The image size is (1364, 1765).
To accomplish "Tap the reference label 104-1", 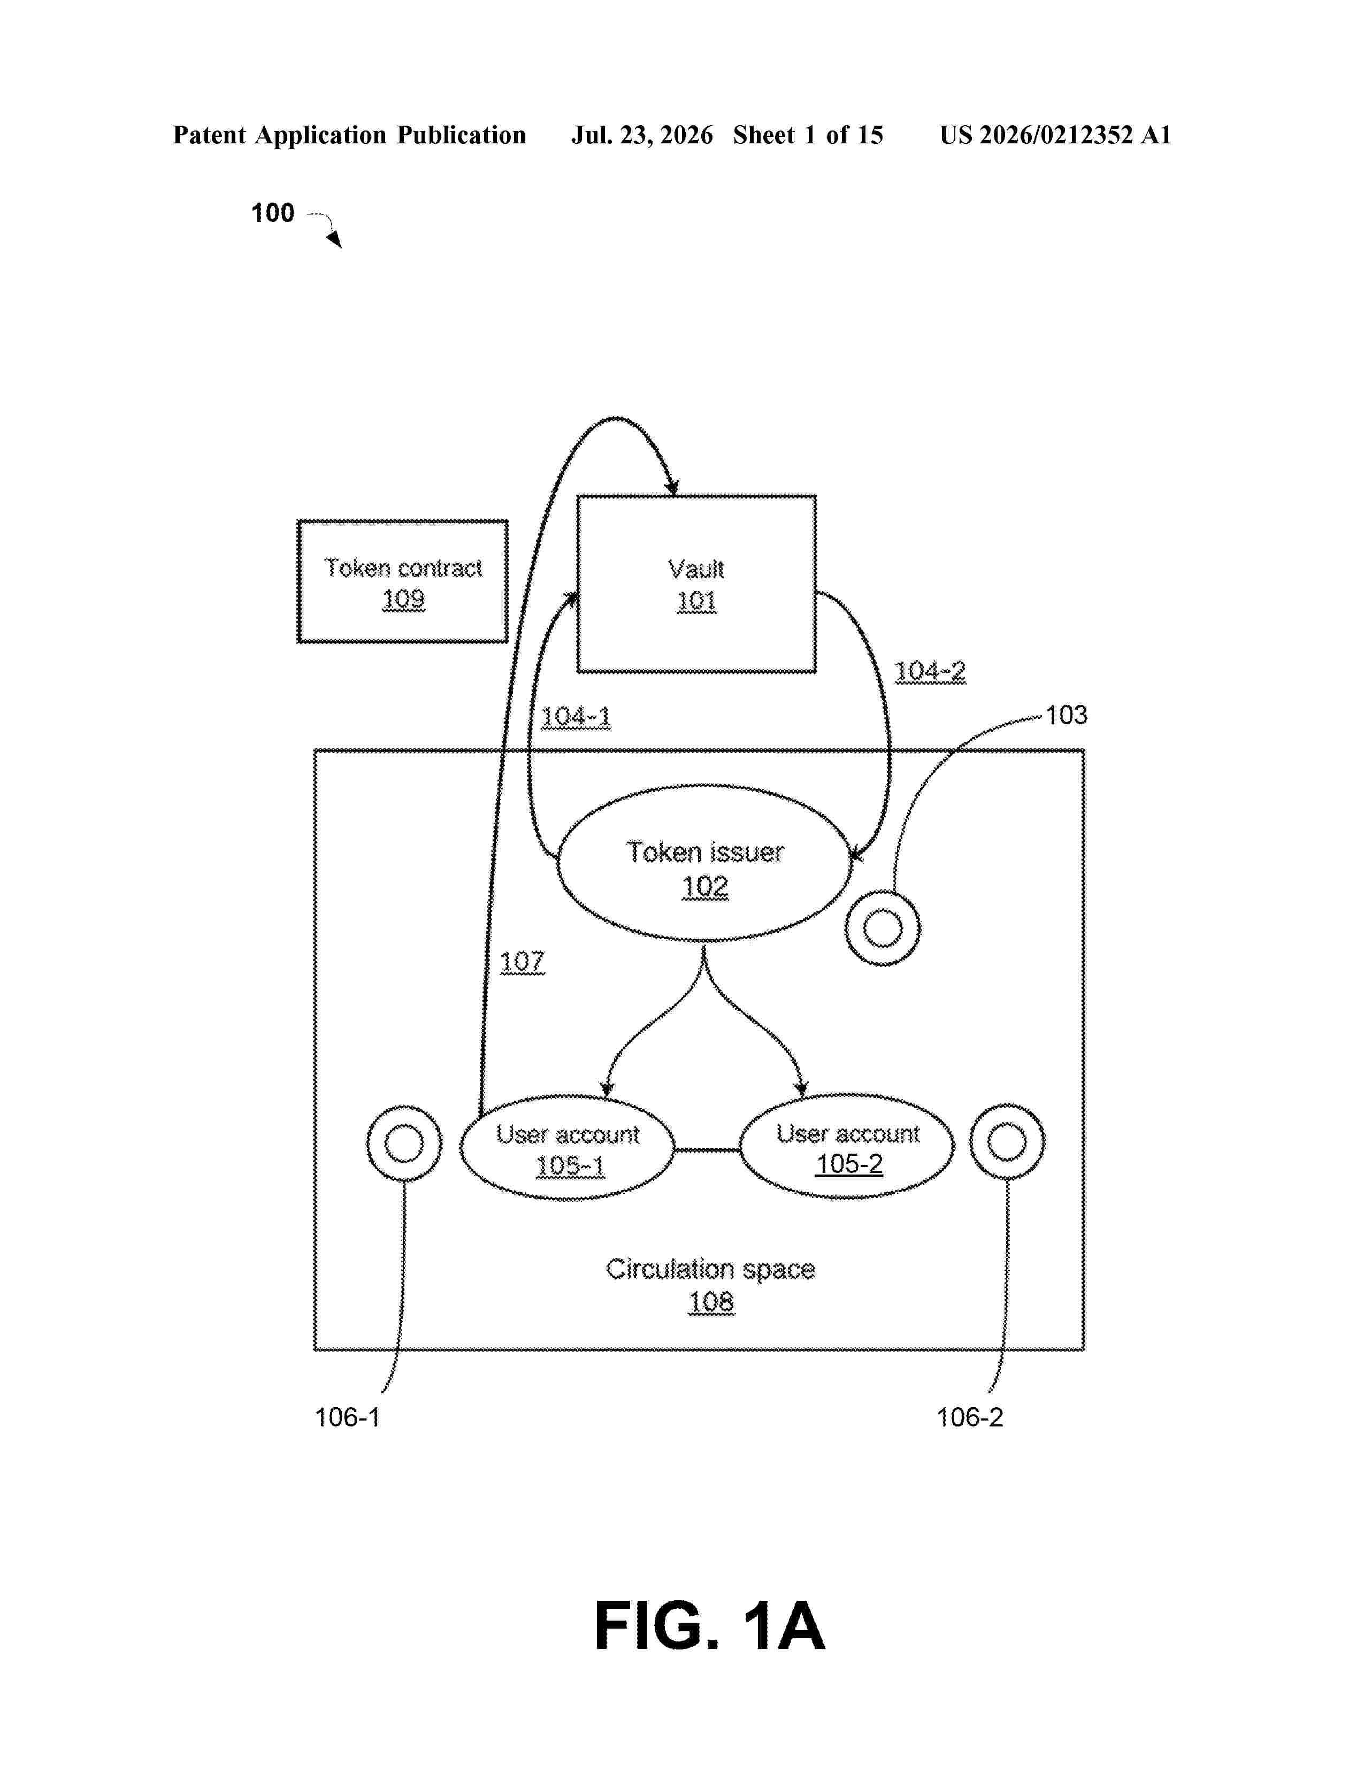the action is click(576, 717).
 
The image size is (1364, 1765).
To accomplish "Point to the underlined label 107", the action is click(522, 961).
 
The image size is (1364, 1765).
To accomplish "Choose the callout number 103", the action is click(1066, 715).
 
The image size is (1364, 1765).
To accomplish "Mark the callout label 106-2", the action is click(970, 1417).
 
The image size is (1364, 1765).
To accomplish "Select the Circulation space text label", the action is click(710, 1269).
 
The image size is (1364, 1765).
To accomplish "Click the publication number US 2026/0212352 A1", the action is click(1055, 135).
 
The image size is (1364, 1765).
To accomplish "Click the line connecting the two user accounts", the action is click(707, 1149).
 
